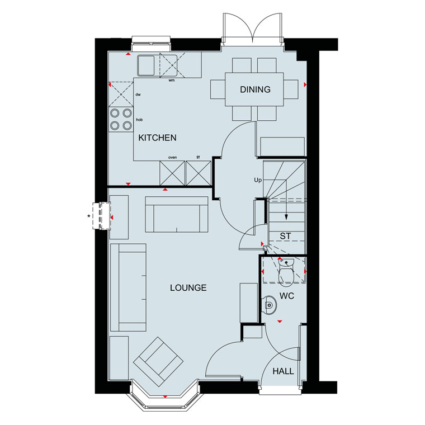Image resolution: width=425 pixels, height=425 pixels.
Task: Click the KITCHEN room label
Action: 157,138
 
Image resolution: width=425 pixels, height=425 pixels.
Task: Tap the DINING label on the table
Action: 255,89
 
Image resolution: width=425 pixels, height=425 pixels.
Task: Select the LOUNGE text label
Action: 188,287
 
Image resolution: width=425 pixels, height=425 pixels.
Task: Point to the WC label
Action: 287,296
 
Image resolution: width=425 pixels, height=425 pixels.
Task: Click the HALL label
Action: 284,371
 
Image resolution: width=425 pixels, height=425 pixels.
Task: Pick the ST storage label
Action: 285,236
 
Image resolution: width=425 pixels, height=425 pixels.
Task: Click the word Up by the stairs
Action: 258,180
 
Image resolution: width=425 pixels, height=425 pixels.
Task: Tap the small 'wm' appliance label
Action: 172,80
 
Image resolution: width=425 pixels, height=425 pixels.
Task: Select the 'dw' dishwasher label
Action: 138,95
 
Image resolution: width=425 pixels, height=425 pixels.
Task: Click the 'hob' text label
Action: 139,120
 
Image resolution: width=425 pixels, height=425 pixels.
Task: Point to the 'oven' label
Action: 172,158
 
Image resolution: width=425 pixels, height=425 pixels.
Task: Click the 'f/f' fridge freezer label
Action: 198,157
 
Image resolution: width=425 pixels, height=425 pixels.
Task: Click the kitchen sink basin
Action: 146,65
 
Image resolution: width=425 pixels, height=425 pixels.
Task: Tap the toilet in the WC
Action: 286,271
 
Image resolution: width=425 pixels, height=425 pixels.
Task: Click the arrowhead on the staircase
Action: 286,217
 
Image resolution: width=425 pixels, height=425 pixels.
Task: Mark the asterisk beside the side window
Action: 88,216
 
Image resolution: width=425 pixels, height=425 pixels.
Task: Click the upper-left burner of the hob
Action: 115,112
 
